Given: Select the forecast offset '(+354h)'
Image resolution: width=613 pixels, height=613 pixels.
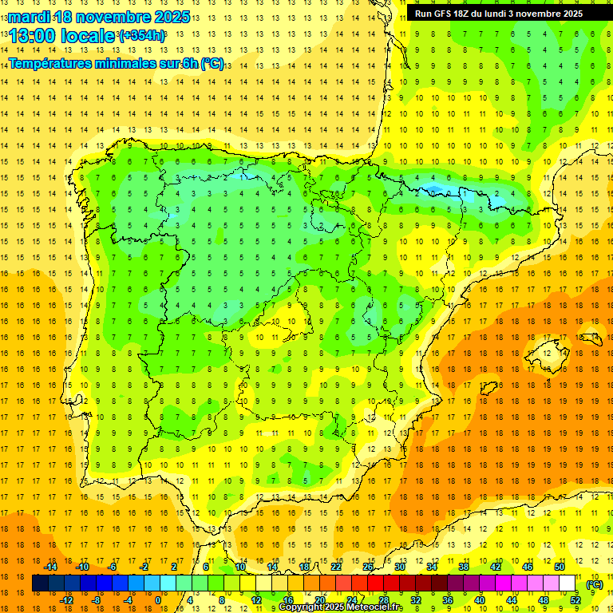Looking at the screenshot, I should click(142, 36).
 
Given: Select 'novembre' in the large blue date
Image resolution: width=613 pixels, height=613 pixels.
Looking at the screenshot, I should click(112, 17).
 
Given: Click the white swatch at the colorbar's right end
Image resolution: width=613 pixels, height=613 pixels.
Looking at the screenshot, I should click(568, 584).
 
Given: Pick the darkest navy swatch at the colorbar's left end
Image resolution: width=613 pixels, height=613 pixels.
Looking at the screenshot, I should click(40, 584).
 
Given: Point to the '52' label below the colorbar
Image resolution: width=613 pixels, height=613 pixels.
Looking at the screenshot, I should click(575, 600).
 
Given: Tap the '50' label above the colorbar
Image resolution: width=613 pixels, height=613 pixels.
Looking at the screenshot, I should click(560, 567).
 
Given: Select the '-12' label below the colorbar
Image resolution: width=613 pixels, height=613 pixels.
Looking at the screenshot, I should click(66, 600).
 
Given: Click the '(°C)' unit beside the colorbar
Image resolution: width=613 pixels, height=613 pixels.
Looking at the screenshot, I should click(595, 584).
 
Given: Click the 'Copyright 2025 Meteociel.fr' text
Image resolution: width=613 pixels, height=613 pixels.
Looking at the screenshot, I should click(340, 607).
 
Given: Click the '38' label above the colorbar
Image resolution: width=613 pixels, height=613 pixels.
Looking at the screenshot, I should click(464, 567).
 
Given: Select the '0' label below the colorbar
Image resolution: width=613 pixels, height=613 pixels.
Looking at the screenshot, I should click(158, 600).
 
